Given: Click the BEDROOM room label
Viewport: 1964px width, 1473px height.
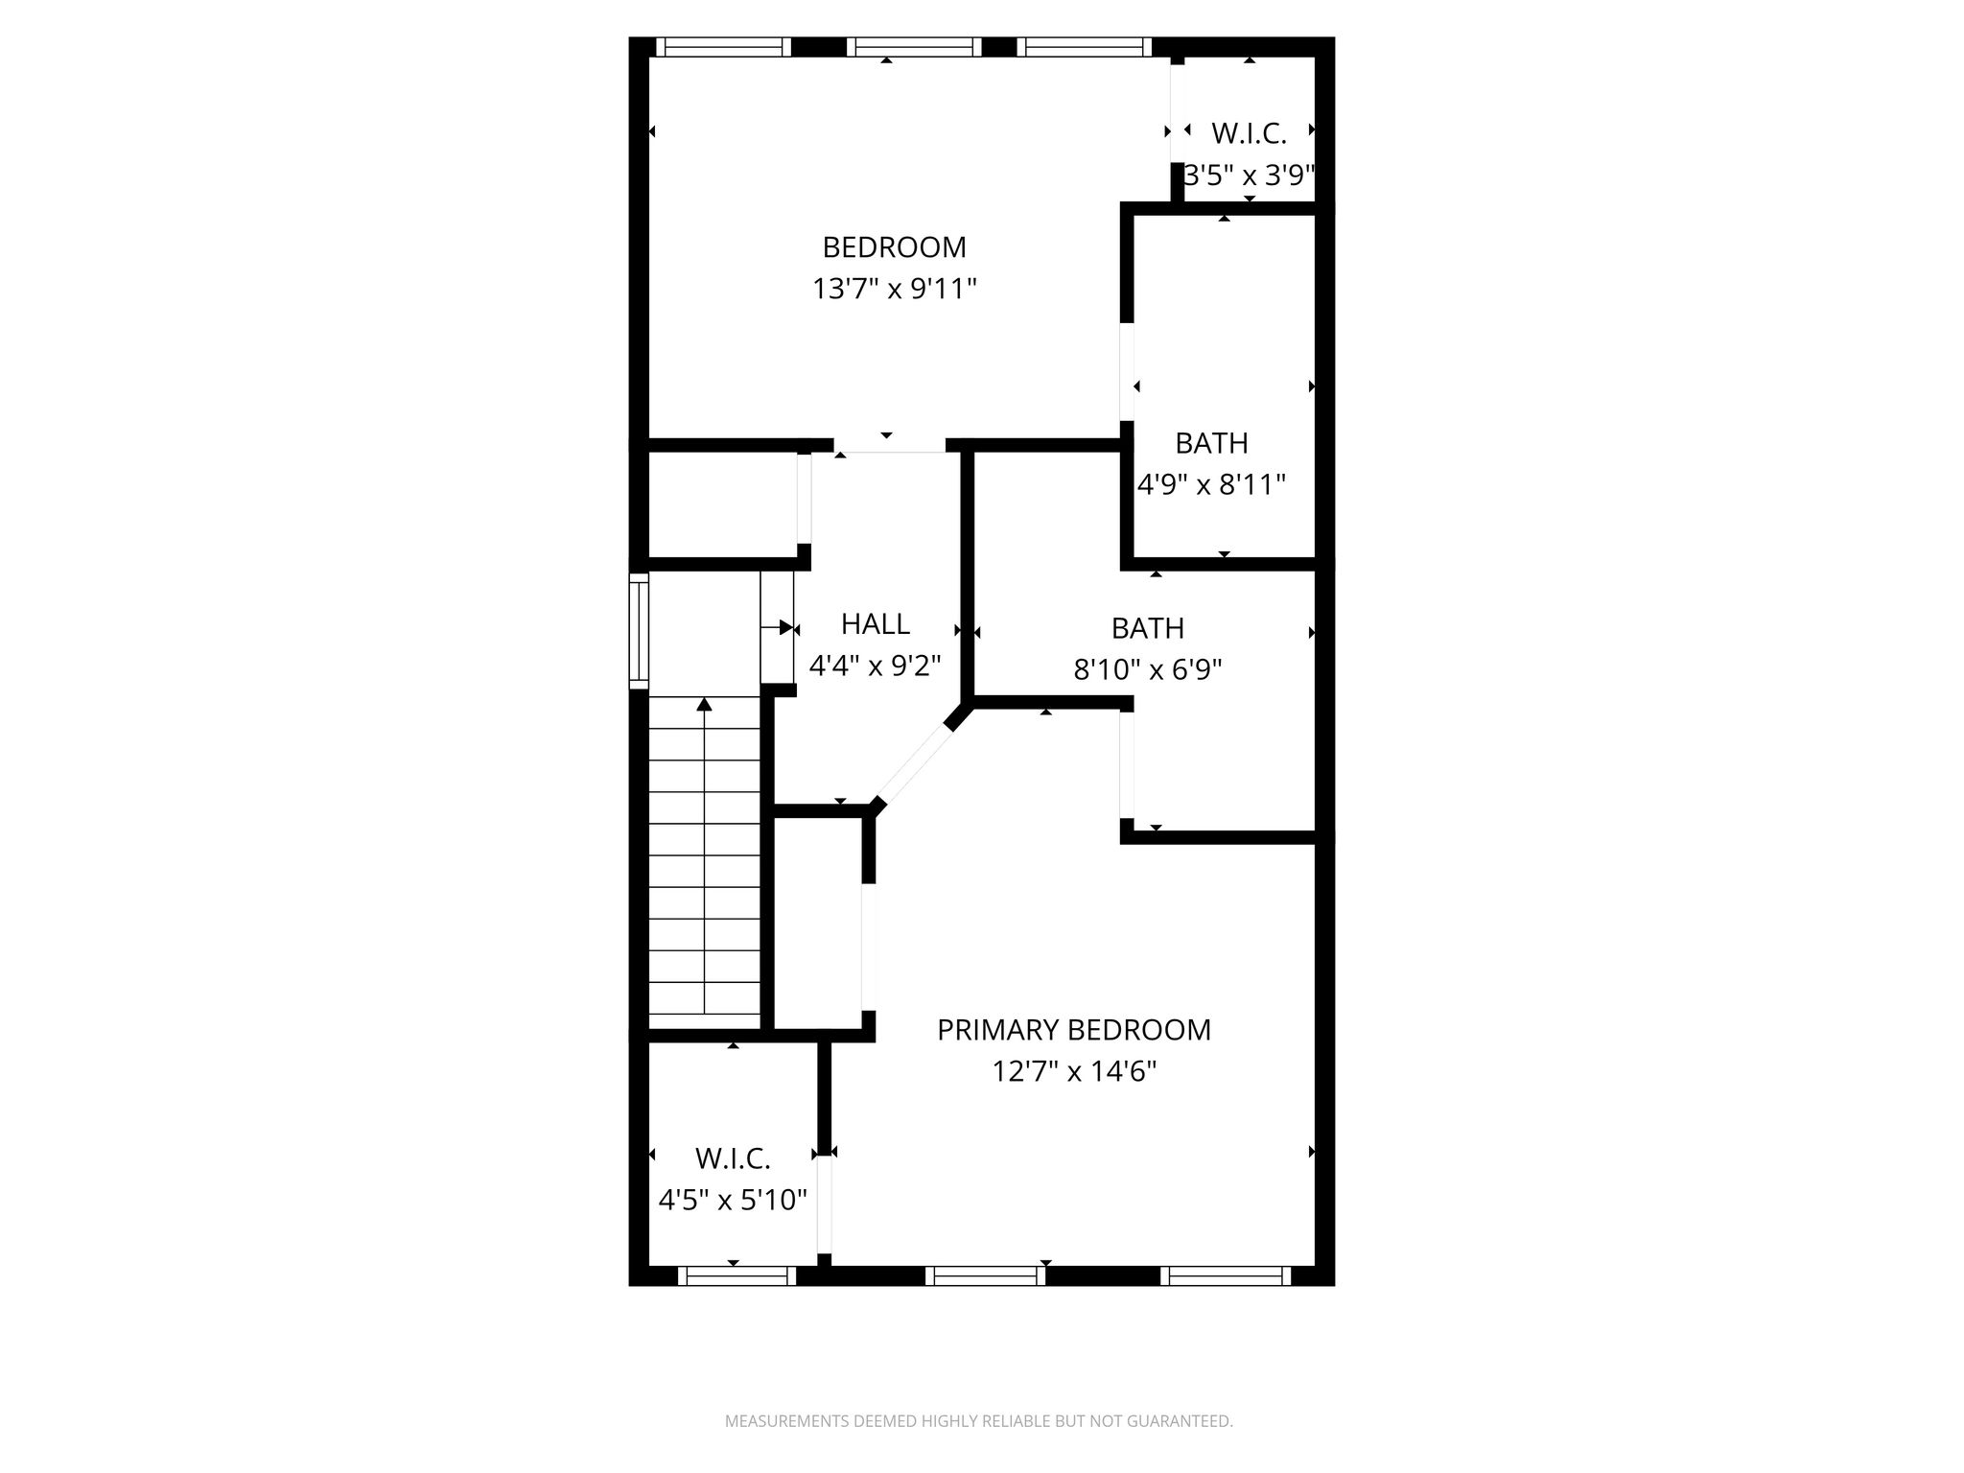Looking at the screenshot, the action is pyautogui.click(x=894, y=247).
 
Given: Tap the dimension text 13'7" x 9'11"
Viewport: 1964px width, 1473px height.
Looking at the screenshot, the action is pyautogui.click(x=894, y=289).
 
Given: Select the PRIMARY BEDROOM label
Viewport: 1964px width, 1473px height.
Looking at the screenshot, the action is pyautogui.click(x=1074, y=1030).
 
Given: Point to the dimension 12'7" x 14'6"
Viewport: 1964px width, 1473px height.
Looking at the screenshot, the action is pyautogui.click(x=1074, y=1071).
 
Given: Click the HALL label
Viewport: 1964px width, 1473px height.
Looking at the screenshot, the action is pyautogui.click(x=876, y=624).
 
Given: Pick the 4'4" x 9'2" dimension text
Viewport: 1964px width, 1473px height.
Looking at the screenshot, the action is pyautogui.click(x=876, y=666).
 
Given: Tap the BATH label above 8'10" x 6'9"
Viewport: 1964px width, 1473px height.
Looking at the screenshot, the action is pyautogui.click(x=1148, y=628).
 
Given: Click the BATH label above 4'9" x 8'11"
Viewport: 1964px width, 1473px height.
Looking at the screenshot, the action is pyautogui.click(x=1212, y=443).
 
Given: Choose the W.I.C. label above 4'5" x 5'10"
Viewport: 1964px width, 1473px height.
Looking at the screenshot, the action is pyautogui.click(x=733, y=1158).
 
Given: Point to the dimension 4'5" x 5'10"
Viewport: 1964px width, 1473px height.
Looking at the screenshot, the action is pyautogui.click(x=733, y=1200).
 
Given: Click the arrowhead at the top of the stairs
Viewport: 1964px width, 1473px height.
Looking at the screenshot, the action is pyautogui.click(x=705, y=705).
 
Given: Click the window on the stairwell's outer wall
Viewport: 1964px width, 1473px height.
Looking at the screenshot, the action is pyautogui.click(x=639, y=630).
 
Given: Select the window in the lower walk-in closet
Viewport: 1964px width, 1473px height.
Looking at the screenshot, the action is pyautogui.click(x=736, y=1275).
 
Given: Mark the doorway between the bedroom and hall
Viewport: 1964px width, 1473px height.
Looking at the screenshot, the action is pyautogui.click(x=890, y=446).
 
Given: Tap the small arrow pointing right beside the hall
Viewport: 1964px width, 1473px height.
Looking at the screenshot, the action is pyautogui.click(x=779, y=628).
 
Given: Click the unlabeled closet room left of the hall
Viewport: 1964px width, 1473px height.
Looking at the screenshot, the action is pyautogui.click(x=724, y=504).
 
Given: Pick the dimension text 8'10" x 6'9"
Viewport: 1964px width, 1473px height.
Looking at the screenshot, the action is pyautogui.click(x=1148, y=669).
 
